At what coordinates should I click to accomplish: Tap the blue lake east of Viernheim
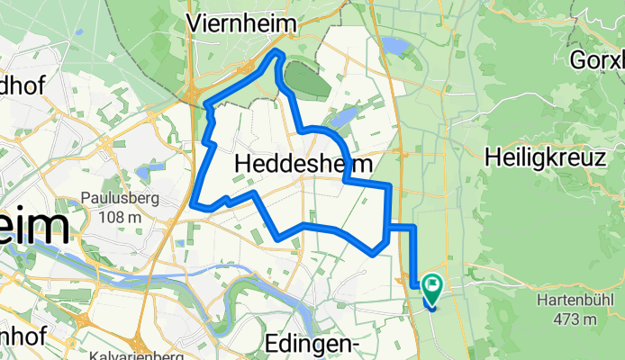[394, 45]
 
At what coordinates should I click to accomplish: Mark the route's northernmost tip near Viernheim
[278, 54]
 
